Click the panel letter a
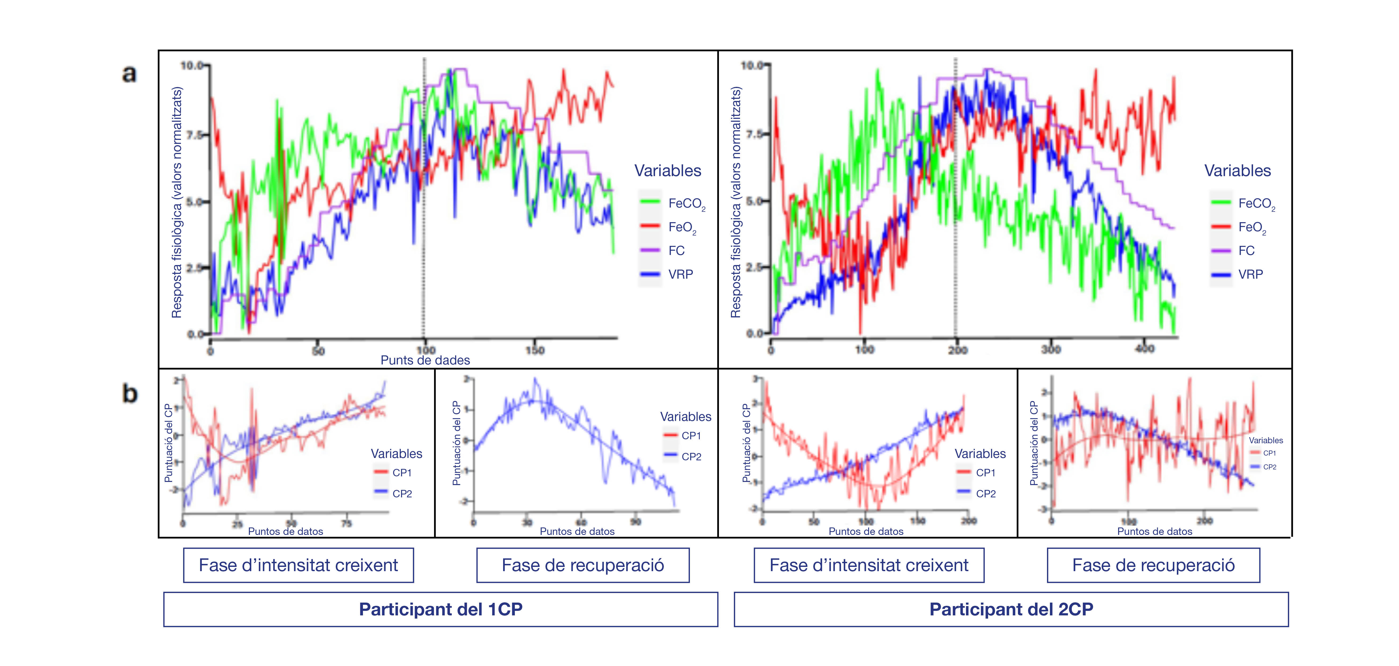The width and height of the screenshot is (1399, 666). [129, 74]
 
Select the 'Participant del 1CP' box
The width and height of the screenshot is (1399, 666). [440, 609]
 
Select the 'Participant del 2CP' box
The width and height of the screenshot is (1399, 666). [1011, 609]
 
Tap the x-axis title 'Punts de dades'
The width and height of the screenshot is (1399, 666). [425, 360]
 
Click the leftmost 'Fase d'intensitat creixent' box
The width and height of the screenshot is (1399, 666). [298, 565]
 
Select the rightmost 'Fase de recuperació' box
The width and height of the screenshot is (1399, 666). [1153, 565]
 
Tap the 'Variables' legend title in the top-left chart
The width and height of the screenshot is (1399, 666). [668, 170]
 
